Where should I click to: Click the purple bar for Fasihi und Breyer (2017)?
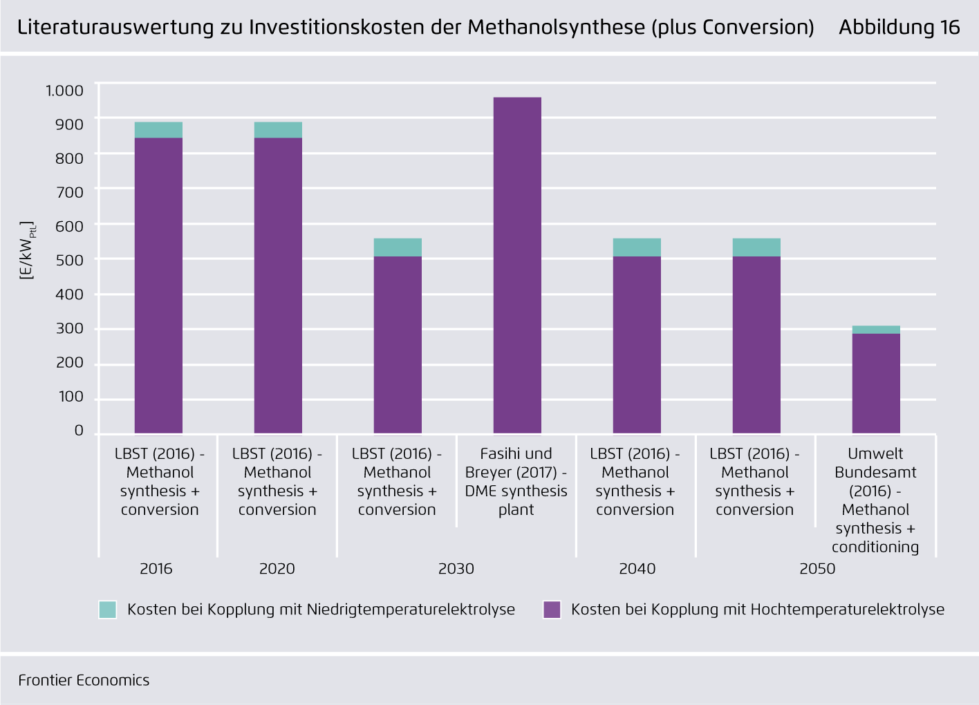[517, 266]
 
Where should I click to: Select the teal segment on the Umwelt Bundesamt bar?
[876, 330]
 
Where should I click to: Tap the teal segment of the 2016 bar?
[158, 130]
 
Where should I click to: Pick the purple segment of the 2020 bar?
[278, 285]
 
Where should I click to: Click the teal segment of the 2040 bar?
[637, 247]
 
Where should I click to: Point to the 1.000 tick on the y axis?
[64, 91]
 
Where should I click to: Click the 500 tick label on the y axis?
[70, 260]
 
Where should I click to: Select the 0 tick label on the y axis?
[79, 431]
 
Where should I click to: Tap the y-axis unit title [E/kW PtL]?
[27, 250]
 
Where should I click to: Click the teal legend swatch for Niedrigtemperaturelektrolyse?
[108, 610]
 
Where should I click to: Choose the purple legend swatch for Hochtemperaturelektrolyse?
[552, 610]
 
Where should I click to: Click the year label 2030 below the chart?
[456, 569]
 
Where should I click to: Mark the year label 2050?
[817, 569]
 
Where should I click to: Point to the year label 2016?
[156, 569]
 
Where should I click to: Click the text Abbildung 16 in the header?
[899, 27]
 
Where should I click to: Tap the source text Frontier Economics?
[84, 680]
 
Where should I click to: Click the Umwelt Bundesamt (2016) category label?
[875, 500]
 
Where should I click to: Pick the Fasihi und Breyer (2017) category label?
[516, 482]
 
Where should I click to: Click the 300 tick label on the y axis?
[70, 328]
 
